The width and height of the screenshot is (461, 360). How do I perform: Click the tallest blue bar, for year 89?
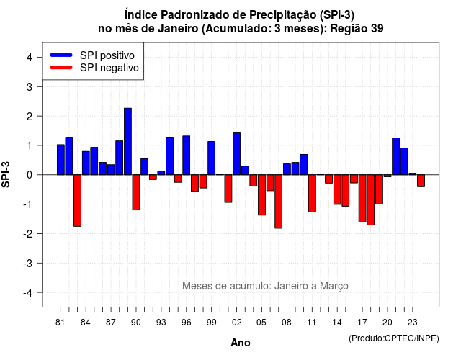click(127, 141)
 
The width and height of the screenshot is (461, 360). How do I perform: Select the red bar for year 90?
click(136, 192)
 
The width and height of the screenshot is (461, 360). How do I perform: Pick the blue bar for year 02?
click(237, 153)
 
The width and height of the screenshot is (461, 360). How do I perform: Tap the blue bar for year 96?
click(187, 156)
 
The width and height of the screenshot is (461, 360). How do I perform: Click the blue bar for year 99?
click(211, 158)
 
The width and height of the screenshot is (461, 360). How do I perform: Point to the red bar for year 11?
click(312, 194)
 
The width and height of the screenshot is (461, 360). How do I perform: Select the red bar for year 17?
click(362, 199)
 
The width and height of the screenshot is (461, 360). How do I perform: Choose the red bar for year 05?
click(261, 195)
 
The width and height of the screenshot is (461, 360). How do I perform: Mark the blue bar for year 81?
click(61, 160)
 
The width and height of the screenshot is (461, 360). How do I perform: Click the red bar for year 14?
click(337, 189)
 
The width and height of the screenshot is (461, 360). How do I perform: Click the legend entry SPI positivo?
click(107, 55)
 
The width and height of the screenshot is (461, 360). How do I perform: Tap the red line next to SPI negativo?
click(61, 68)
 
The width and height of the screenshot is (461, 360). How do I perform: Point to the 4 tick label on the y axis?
click(30, 58)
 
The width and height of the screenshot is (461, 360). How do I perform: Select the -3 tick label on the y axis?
click(27, 263)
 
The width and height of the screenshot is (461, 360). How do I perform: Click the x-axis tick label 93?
click(161, 323)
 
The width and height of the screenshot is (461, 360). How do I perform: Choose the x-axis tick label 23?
click(413, 323)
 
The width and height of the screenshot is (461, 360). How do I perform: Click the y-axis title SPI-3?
click(6, 174)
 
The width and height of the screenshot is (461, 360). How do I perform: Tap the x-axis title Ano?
click(241, 343)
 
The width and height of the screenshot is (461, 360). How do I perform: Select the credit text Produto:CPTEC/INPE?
click(394, 338)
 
